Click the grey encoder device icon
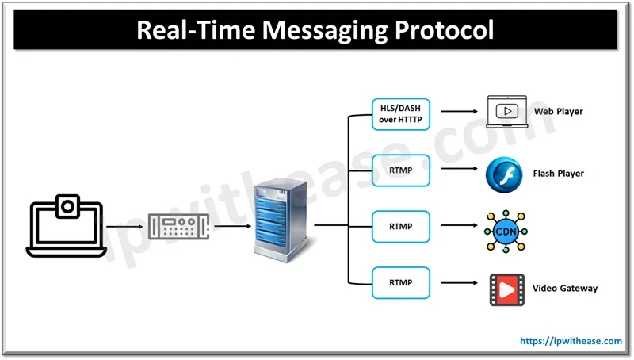click(178, 228)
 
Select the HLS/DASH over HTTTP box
click(400, 113)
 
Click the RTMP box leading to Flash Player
click(400, 170)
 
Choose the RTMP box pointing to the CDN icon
click(400, 227)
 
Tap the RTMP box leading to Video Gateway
click(400, 282)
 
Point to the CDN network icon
click(506, 231)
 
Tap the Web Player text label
click(558, 112)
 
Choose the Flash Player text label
click(558, 174)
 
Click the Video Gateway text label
click(565, 288)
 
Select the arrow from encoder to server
click(231, 226)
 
